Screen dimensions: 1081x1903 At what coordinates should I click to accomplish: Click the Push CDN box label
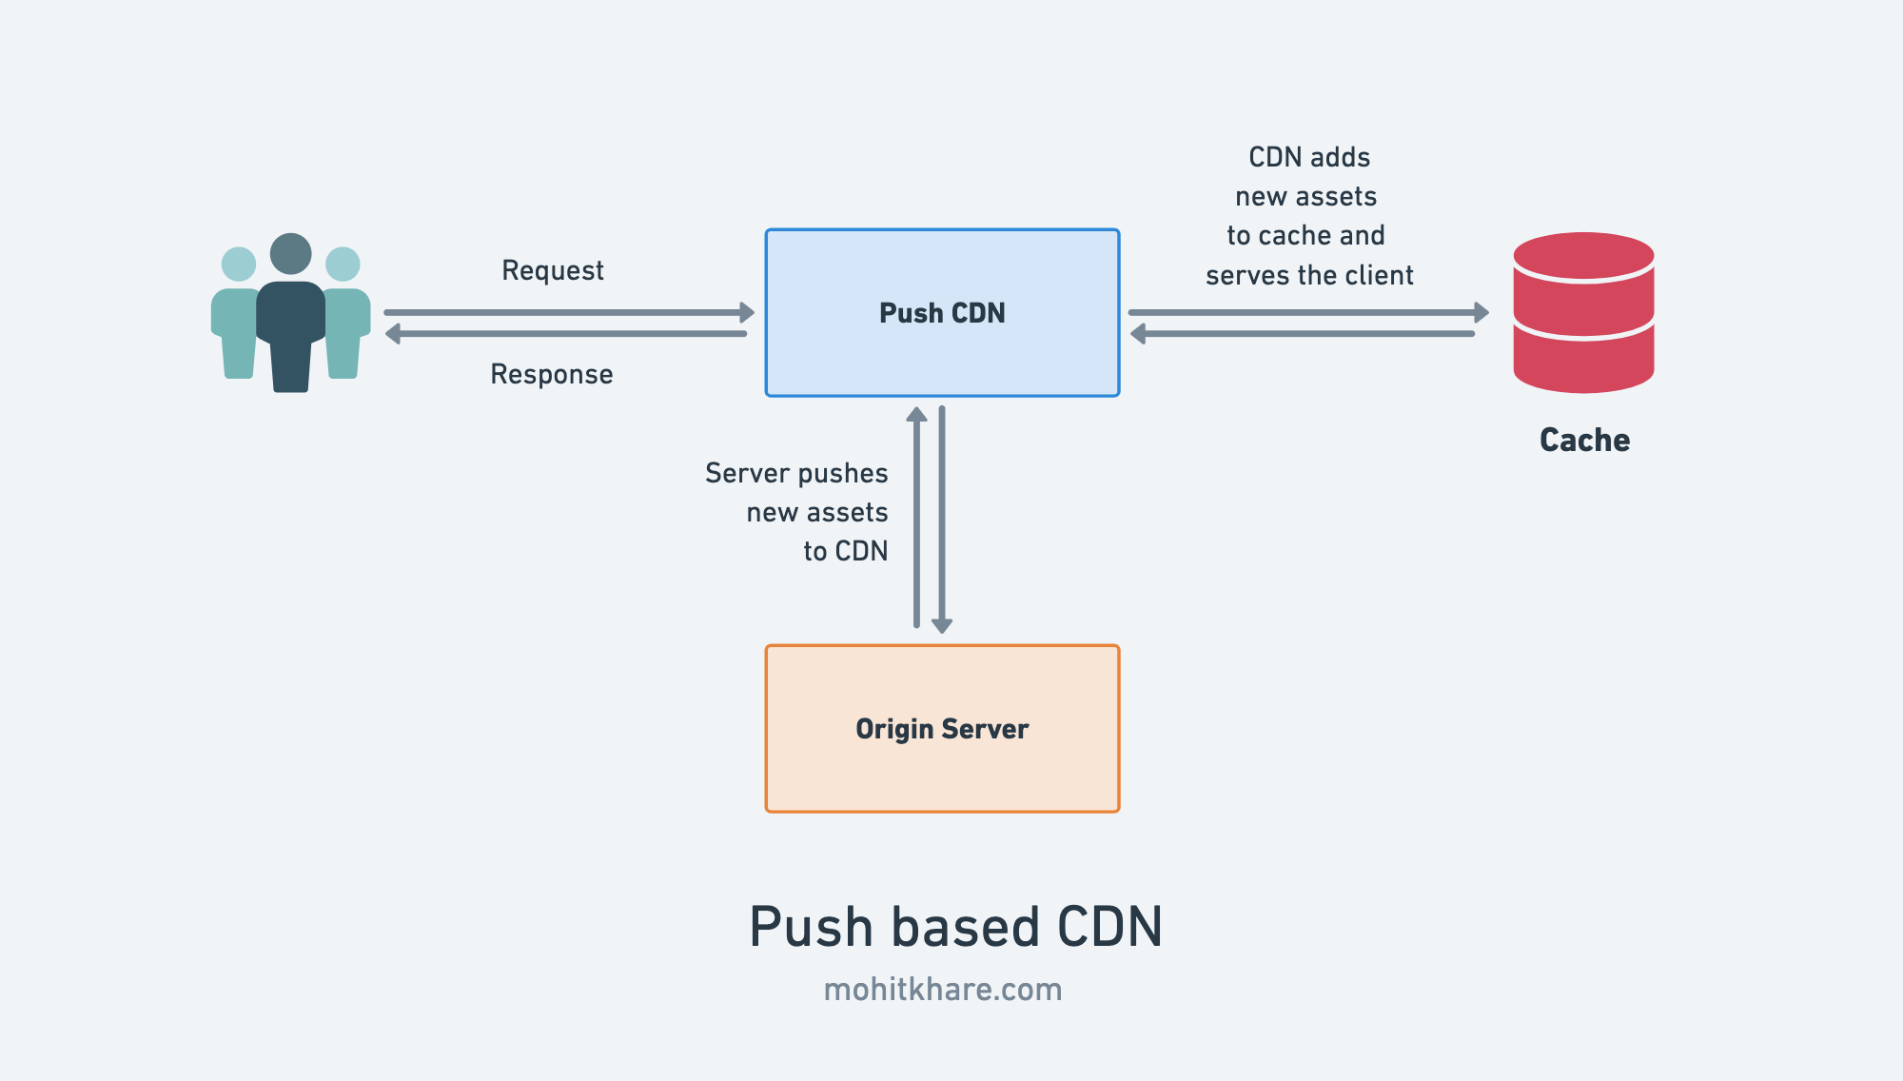tap(942, 313)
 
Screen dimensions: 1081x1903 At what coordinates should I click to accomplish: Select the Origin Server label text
tap(942, 729)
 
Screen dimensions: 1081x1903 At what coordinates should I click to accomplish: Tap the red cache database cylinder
tap(1583, 313)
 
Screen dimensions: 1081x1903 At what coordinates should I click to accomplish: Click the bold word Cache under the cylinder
tap(1584, 440)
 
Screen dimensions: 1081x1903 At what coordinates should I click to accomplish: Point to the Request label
tap(552, 271)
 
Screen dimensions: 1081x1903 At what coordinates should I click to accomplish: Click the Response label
tap(551, 374)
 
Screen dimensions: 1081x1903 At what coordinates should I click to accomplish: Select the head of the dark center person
tap(290, 254)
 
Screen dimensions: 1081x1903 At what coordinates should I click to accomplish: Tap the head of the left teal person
tap(239, 264)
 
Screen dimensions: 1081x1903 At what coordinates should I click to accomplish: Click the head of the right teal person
tap(343, 264)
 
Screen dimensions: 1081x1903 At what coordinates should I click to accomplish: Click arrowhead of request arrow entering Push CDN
tap(747, 312)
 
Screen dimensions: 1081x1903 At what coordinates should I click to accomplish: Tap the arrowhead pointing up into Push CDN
tap(916, 414)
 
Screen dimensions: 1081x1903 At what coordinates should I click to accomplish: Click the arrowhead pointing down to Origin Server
tap(942, 625)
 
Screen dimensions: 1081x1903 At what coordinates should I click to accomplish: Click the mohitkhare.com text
tap(942, 990)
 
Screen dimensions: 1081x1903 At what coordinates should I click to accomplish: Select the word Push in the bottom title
tap(811, 927)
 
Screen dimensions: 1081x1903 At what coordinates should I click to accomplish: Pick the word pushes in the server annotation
tap(842, 474)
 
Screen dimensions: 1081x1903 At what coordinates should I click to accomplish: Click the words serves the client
tap(1309, 276)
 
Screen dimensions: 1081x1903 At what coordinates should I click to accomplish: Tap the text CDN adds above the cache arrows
tap(1309, 157)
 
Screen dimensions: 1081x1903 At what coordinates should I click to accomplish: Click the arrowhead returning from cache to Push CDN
tap(1137, 334)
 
